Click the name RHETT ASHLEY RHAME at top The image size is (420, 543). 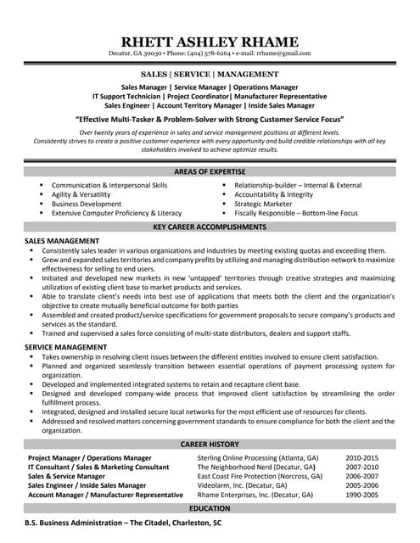pos(210,42)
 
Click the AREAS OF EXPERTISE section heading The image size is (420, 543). pos(210,173)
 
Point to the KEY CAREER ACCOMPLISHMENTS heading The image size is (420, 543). pos(210,227)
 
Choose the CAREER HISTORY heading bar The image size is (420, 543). pos(210,444)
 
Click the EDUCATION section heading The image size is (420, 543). pos(210,507)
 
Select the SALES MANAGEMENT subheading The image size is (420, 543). pos(62,242)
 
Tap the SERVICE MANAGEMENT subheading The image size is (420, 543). pos(64,346)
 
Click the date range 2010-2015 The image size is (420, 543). pos(361,456)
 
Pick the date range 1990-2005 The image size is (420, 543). pos(361,494)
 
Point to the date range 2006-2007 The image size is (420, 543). pos(361,475)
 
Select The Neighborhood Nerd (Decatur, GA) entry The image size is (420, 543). pos(256,466)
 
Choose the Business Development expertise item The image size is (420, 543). pos(87,204)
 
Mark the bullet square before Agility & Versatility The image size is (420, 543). pos(40,194)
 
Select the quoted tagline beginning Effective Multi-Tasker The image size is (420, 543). pos(210,120)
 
